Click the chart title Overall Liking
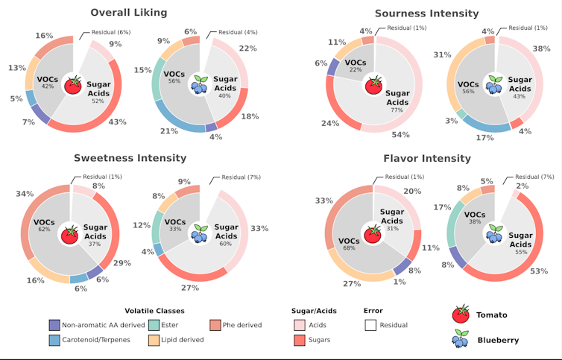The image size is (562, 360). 129,12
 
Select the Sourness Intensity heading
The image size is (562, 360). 426,13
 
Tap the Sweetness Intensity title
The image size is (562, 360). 130,158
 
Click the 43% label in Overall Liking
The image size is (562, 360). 118,122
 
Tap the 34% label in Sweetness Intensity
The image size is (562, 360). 25,194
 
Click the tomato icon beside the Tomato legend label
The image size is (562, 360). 461,313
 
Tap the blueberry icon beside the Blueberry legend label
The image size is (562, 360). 461,340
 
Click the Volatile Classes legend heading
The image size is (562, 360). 154,311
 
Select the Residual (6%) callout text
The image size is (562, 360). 111,33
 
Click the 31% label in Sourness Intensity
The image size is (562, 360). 443,55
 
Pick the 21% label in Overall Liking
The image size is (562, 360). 169,131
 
